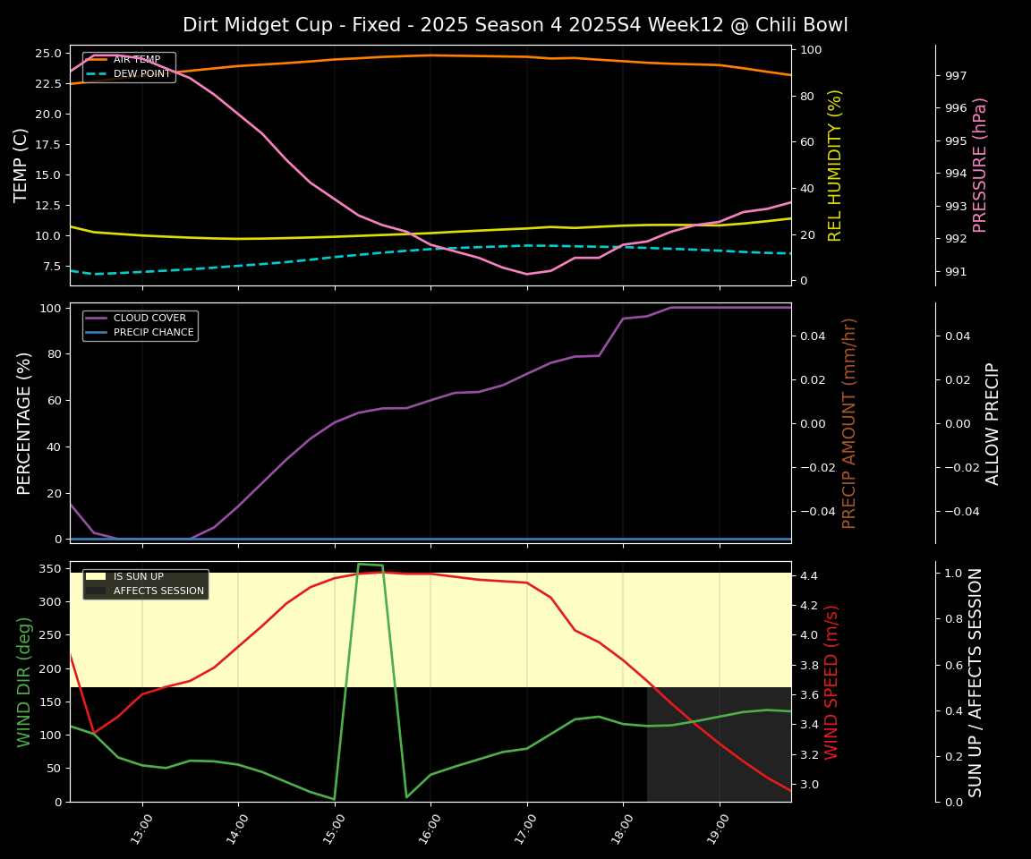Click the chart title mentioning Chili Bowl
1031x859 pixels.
pos(515,25)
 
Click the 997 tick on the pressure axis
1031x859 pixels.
pos(956,76)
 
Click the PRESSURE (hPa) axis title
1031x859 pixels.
pos(981,165)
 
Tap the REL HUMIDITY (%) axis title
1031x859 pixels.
pos(836,165)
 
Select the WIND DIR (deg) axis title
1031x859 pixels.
pos(24,682)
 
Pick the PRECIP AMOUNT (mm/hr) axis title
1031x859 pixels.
pos(850,423)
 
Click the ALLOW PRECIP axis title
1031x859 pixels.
pos(993,423)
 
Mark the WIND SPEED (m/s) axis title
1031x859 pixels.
pos(832,682)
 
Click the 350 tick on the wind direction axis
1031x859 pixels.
pos(51,568)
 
